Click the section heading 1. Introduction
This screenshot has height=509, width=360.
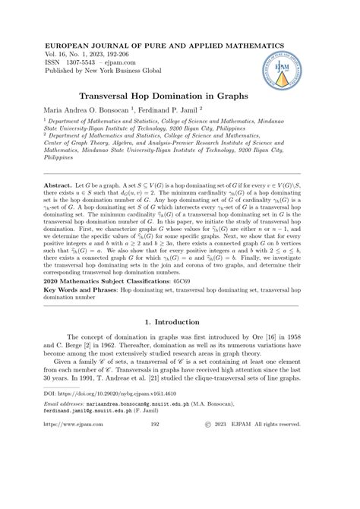[179, 343]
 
